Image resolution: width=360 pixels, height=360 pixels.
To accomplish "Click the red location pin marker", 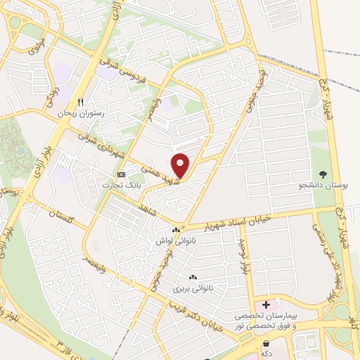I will [x=181, y=166].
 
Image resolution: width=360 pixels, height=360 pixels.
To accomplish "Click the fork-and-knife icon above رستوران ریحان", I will [x=80, y=101].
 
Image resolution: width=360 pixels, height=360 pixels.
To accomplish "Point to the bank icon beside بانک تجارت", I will [x=122, y=174].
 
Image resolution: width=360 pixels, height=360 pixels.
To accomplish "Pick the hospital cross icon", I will [x=266, y=304].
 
